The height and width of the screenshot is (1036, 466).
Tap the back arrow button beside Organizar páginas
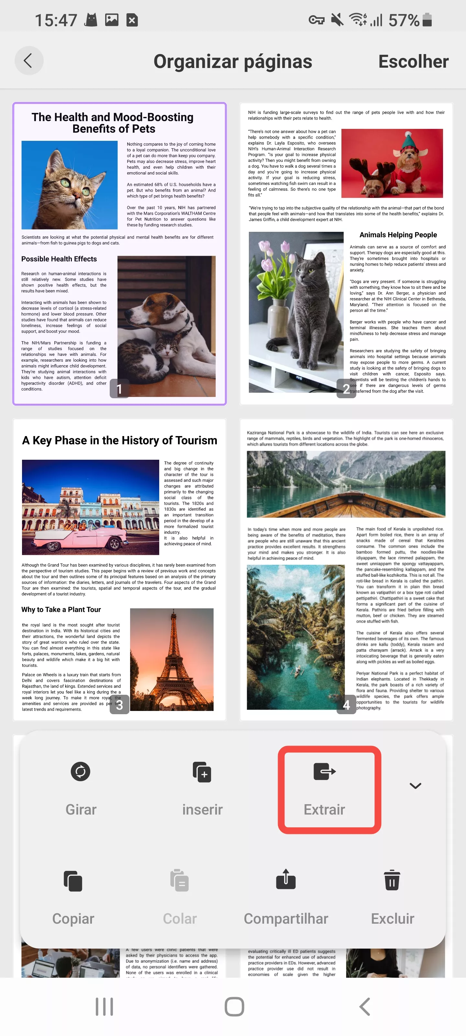(x=28, y=61)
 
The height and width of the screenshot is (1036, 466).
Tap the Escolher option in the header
(x=413, y=62)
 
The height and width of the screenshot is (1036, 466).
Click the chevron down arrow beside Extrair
(x=415, y=785)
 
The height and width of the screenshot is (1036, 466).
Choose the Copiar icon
(x=73, y=881)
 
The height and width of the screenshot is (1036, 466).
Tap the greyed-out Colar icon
(x=180, y=881)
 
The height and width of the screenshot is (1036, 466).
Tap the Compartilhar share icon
(x=286, y=880)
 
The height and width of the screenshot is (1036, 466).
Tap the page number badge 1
(x=119, y=388)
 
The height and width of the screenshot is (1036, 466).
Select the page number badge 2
(x=346, y=388)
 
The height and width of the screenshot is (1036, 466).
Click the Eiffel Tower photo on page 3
(x=172, y=659)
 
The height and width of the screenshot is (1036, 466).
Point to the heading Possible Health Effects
(x=59, y=259)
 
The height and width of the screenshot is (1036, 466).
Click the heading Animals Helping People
(x=398, y=235)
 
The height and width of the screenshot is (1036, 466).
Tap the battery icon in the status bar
(x=427, y=20)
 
